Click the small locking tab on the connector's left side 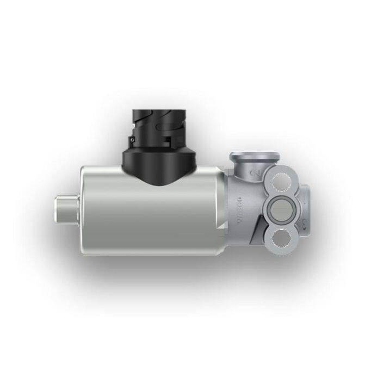click(x=132, y=140)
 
